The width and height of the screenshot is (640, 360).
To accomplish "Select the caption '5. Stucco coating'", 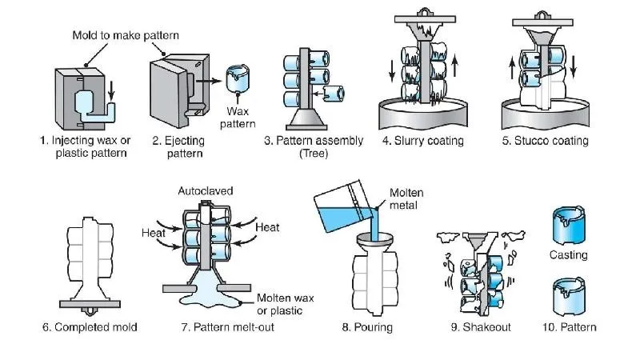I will pos(545,141).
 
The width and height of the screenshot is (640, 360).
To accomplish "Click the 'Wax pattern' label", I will pos(239,118).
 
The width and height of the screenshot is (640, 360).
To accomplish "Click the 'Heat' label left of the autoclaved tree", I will pos(154,232).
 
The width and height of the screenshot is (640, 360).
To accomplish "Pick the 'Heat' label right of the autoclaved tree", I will pos(267,227).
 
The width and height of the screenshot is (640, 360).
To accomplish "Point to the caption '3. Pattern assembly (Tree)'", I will pos(314,147).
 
